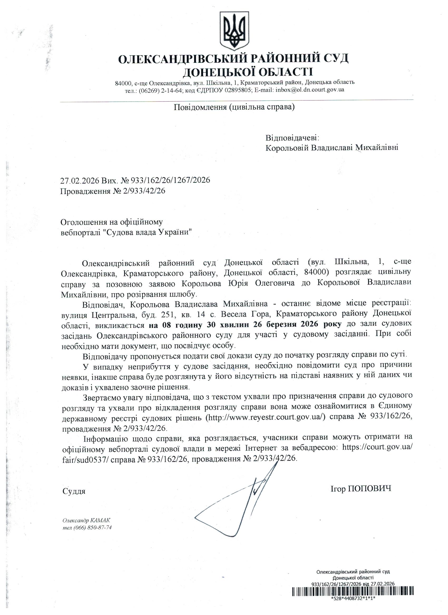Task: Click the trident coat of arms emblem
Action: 235,30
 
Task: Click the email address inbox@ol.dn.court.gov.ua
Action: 310,90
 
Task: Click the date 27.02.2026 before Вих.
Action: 80,180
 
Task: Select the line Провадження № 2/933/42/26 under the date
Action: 113,191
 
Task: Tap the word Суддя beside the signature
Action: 74,491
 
